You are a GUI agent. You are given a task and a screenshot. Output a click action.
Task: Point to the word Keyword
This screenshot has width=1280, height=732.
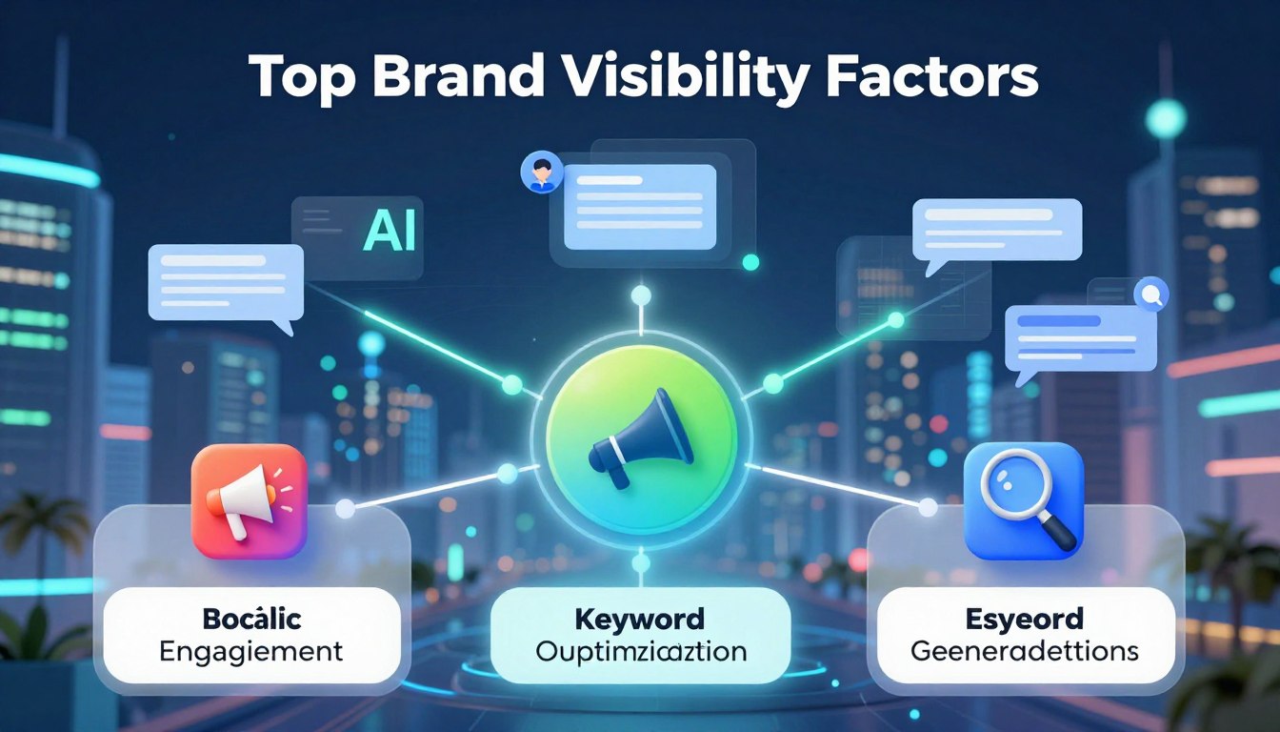click(640, 619)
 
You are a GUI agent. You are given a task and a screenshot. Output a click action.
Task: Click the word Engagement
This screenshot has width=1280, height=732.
click(251, 653)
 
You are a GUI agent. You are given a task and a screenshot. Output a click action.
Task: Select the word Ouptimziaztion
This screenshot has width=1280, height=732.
click(640, 653)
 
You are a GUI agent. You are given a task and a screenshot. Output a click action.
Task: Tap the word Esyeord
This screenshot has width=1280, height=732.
click(1024, 619)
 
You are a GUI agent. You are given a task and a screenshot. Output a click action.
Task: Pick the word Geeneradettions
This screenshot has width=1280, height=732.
click(1024, 653)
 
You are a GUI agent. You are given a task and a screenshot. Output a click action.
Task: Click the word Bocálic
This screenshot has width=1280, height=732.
click(251, 619)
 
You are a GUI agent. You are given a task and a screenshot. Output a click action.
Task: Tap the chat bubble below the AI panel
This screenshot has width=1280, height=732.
click(227, 283)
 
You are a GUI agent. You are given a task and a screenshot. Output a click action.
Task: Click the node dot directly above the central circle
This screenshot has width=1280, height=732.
click(641, 295)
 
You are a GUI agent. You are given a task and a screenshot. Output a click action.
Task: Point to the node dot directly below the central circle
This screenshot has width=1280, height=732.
click(641, 563)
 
